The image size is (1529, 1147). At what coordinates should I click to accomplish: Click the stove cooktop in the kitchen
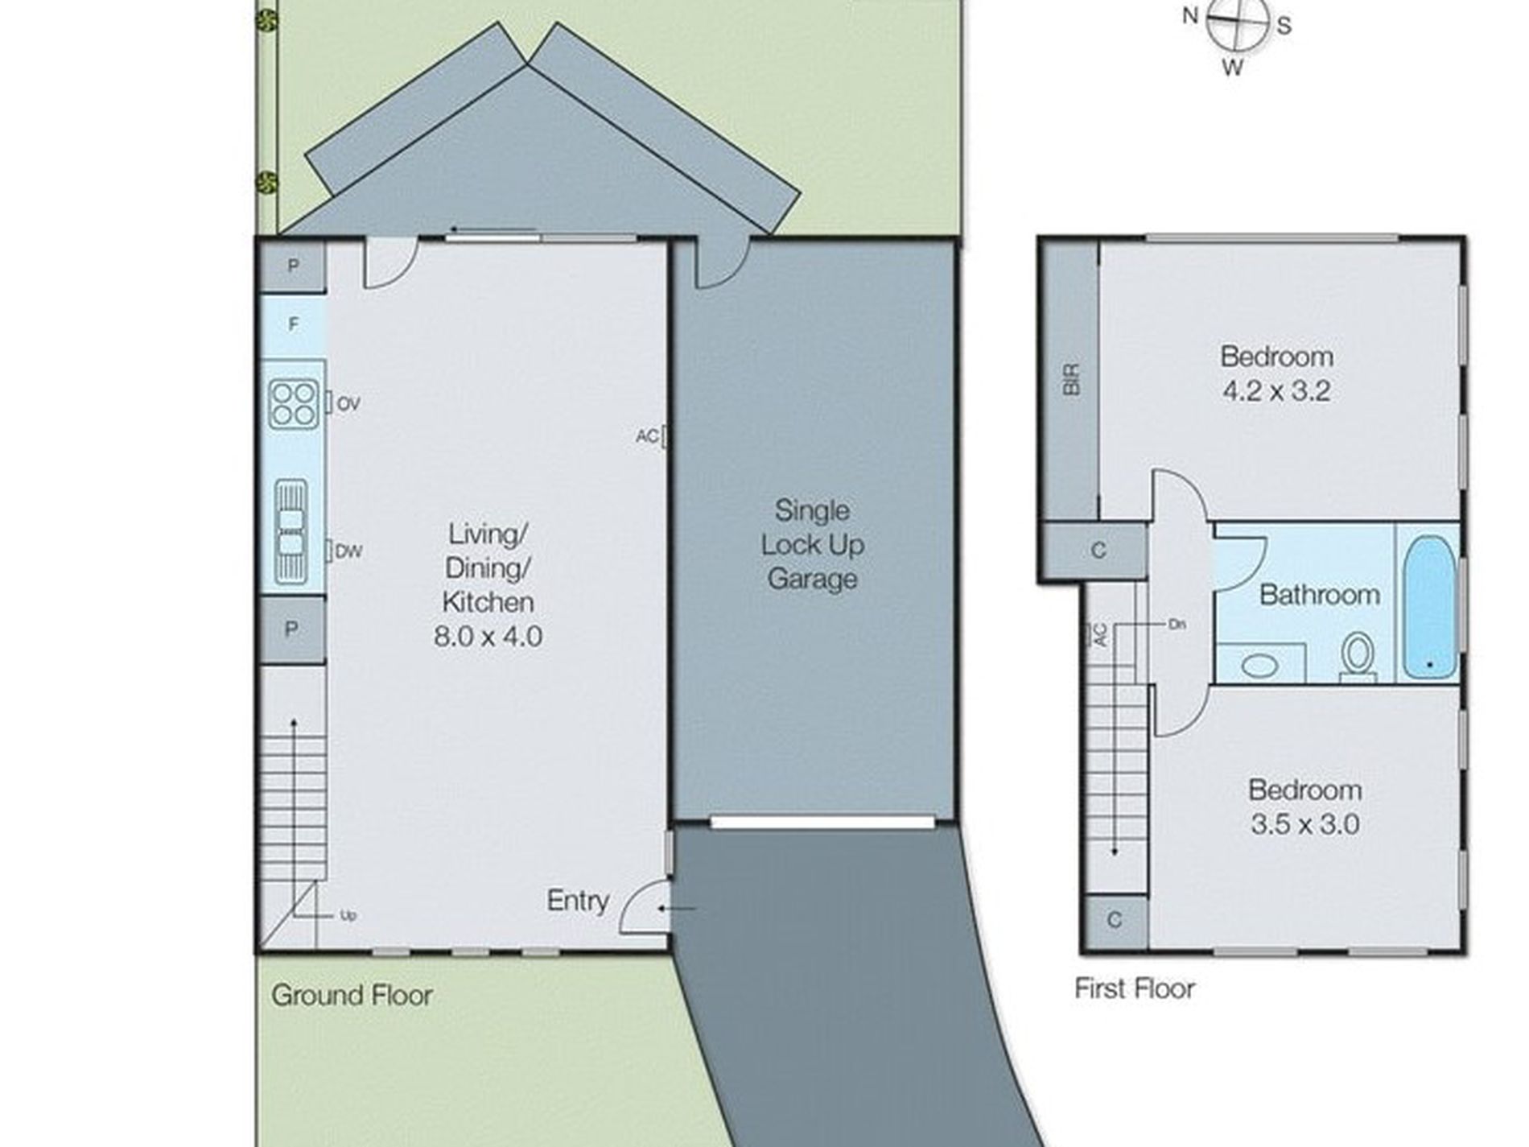tap(293, 404)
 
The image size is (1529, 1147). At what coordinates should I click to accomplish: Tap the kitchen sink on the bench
tap(291, 532)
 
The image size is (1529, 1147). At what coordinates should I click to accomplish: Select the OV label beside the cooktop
tap(348, 403)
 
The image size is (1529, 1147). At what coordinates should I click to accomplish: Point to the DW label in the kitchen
tap(349, 551)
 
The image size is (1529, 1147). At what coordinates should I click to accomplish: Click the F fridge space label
tap(294, 324)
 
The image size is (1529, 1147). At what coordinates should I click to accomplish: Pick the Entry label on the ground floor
tap(578, 901)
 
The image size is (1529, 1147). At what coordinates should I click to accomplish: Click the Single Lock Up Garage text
tap(813, 544)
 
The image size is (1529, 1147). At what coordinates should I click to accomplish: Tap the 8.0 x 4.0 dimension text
tap(488, 636)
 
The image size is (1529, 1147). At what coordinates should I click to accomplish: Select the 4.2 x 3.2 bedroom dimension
tap(1276, 391)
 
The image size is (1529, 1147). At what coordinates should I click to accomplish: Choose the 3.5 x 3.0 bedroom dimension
tap(1305, 824)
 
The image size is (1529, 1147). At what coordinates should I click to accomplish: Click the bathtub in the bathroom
tap(1429, 607)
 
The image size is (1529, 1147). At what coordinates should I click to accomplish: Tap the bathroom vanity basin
tap(1260, 665)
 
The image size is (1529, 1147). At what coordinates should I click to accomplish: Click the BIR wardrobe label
tap(1072, 379)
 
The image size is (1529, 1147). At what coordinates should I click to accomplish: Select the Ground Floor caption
tap(352, 996)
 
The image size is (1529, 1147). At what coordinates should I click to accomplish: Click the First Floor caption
tap(1135, 988)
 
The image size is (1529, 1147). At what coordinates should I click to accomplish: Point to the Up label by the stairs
tap(348, 915)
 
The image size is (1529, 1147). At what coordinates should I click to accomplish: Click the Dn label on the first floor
tap(1177, 624)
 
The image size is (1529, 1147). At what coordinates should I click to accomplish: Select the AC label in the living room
tap(647, 436)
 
